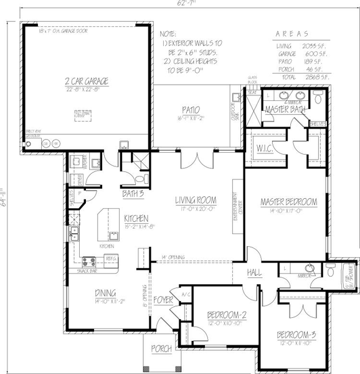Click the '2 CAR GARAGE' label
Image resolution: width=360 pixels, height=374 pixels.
point(87,81)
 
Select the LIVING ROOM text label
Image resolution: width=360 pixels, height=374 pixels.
point(195,200)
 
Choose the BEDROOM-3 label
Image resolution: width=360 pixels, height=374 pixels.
point(296,335)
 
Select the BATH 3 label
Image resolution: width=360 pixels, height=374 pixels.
point(133,194)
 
